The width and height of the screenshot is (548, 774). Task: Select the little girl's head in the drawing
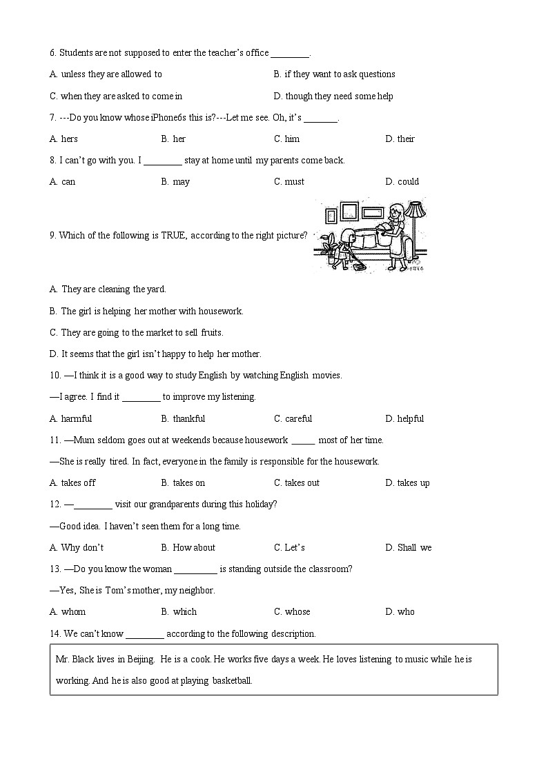coord(349,234)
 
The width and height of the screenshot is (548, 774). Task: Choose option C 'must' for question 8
coord(294,182)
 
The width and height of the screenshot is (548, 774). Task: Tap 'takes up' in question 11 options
coord(413,483)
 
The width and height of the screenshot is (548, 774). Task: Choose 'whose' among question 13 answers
coord(297,612)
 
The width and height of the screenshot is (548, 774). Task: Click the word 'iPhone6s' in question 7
coord(169,118)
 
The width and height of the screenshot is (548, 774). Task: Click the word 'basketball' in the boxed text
coord(232,681)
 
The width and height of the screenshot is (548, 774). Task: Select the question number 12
coord(55,505)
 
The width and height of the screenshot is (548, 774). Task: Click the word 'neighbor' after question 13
coord(197,591)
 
